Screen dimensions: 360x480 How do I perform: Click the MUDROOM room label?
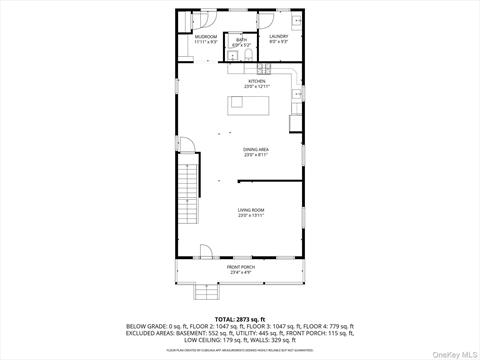coord(205,36)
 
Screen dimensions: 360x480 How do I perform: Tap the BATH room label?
coord(241,41)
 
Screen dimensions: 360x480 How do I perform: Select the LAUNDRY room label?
coord(279,36)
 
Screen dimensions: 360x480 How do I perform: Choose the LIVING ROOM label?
coord(250,210)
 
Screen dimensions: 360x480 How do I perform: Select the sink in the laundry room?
coord(297,20)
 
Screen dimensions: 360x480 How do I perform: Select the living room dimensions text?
coord(250,216)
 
